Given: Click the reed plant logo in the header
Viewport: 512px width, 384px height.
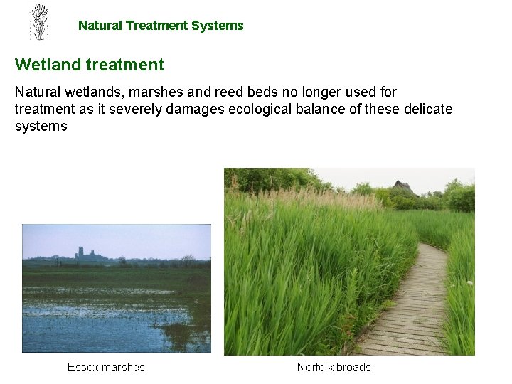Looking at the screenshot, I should [39, 22].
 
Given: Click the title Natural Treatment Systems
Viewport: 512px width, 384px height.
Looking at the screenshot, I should [161, 26].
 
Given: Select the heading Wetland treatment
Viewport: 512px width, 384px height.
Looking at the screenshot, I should [90, 65].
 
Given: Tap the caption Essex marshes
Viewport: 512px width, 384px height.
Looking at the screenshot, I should [106, 368].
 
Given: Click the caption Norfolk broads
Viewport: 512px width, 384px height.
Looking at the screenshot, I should [334, 368].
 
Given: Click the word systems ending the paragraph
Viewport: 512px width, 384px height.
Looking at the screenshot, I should [41, 127].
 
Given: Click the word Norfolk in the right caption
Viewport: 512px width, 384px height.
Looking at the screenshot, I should [315, 368].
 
